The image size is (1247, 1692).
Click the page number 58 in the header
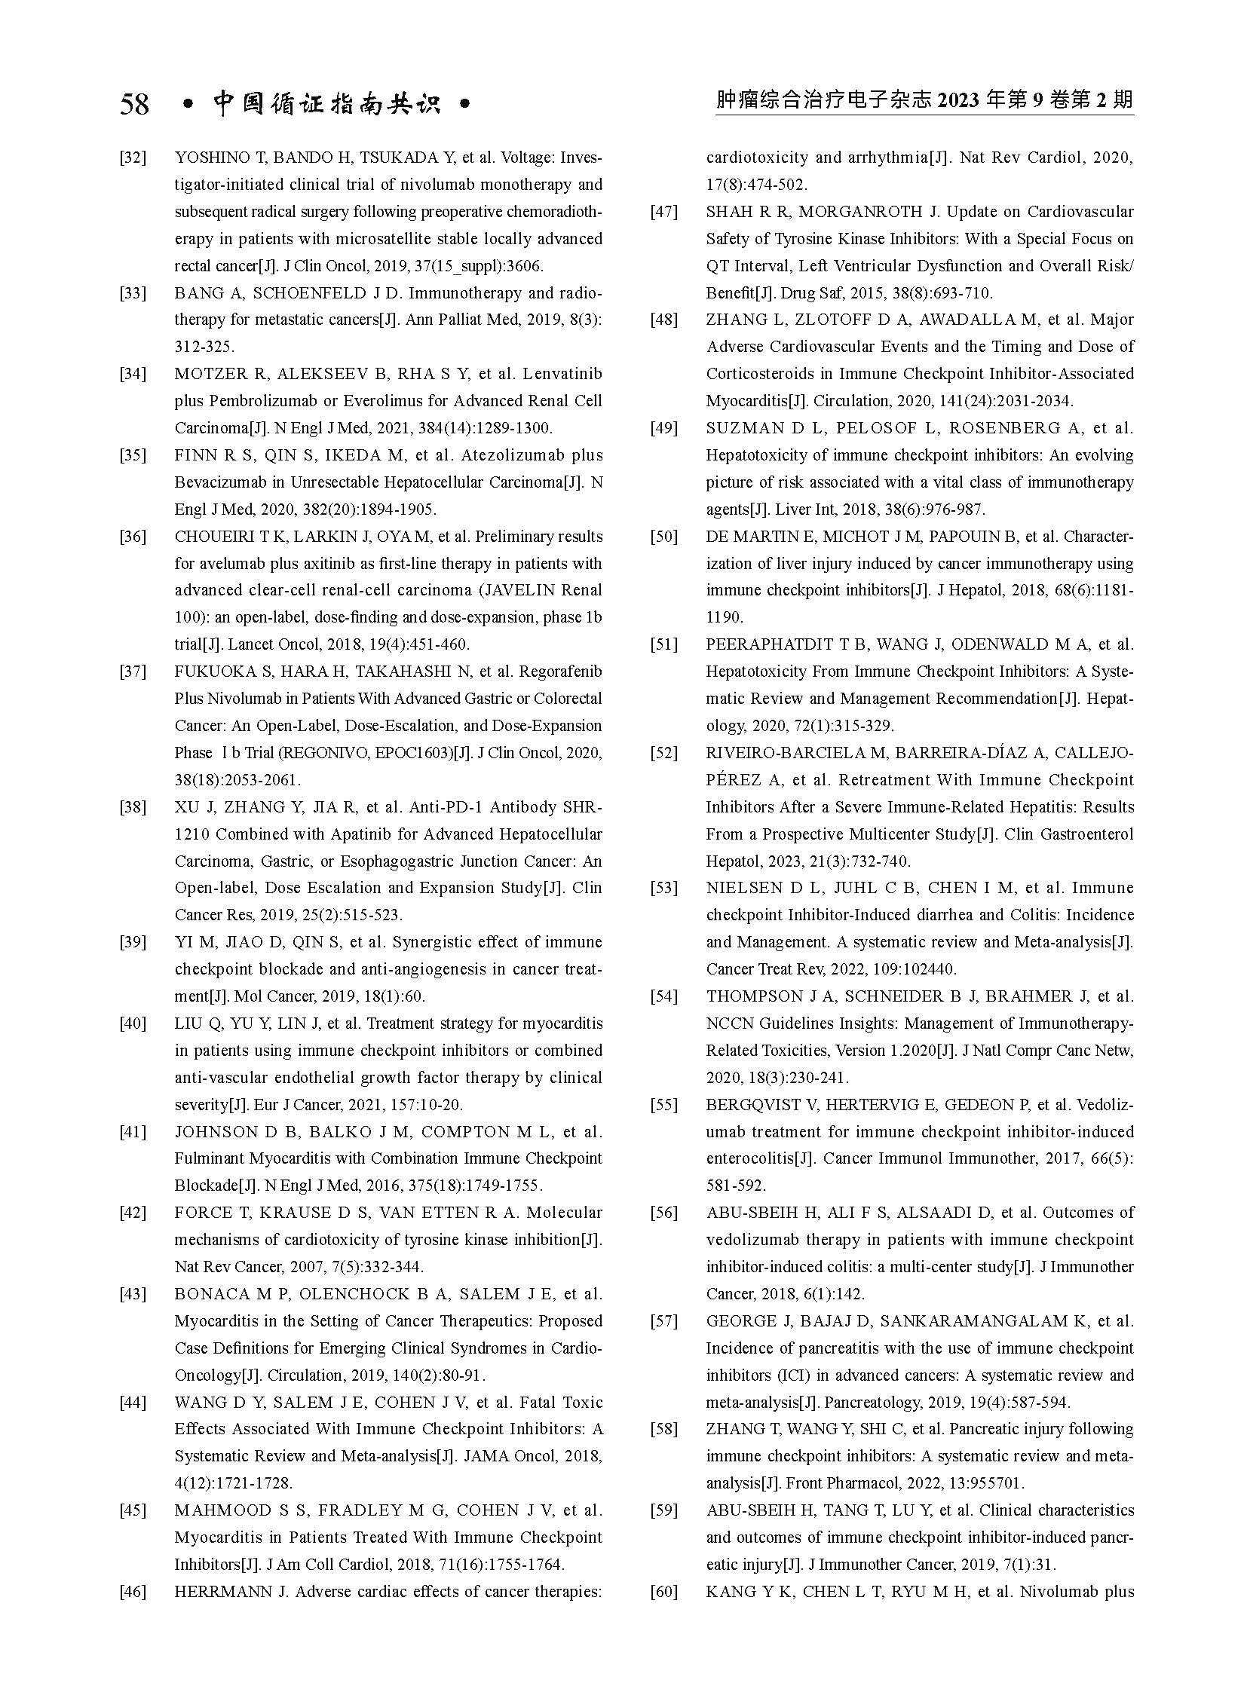point(134,104)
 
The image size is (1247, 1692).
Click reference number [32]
point(133,158)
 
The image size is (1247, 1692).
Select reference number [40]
point(133,1023)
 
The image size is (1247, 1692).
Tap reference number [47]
point(663,212)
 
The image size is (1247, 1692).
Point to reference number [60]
point(663,1592)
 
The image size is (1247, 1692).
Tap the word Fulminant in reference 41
point(207,1158)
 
